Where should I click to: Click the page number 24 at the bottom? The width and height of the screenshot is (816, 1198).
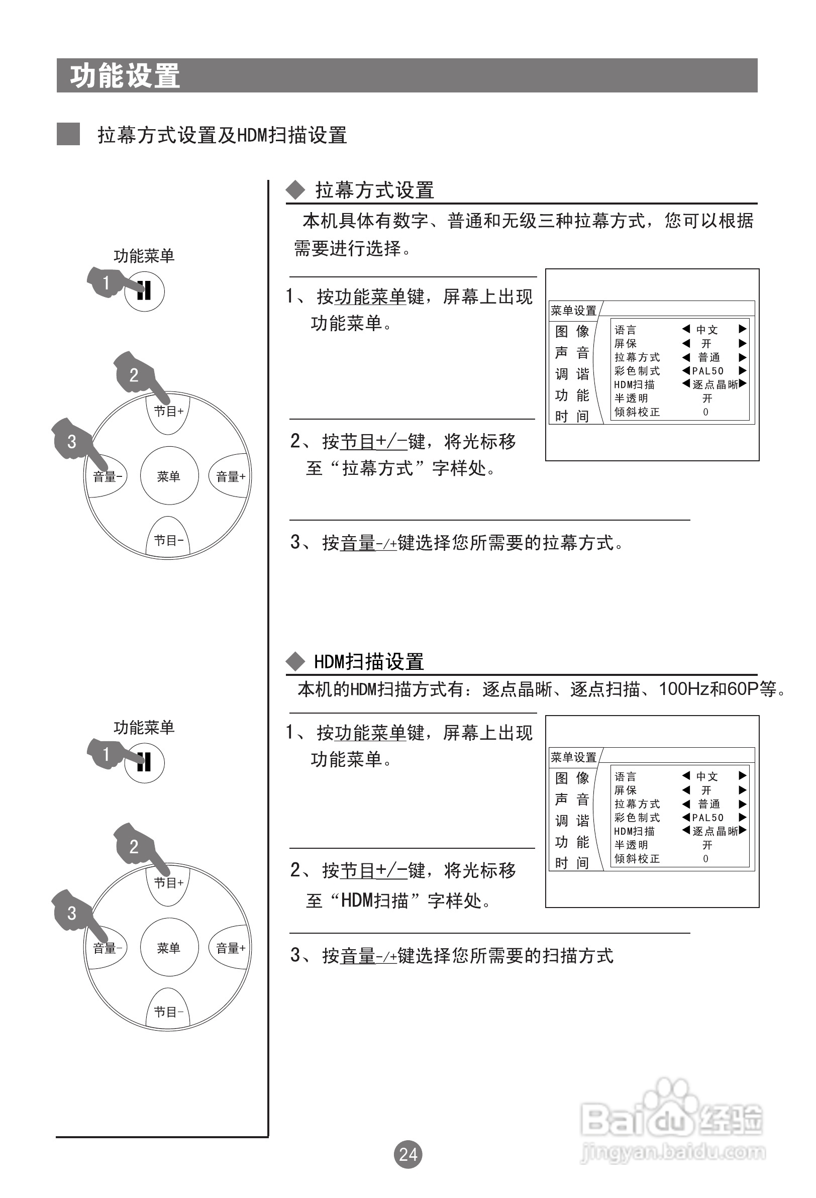407,1154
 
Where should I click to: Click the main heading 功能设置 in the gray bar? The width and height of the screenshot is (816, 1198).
125,76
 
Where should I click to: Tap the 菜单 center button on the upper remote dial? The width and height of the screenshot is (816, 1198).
168,476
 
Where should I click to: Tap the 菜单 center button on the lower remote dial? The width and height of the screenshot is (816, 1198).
168,947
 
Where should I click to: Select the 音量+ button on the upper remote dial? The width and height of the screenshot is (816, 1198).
231,476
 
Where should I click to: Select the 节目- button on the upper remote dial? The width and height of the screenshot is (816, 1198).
168,540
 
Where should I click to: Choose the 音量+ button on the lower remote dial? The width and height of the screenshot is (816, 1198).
231,948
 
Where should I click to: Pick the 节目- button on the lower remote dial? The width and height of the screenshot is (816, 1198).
168,1012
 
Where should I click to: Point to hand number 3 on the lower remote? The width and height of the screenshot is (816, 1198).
72,913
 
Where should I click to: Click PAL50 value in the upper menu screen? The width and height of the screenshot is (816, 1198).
708,371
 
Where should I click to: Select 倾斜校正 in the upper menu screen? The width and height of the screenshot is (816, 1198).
637,412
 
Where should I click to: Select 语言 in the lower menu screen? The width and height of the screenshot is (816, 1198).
625,776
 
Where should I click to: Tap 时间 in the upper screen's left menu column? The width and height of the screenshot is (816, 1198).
572,416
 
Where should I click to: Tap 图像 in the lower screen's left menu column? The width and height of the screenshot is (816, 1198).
572,778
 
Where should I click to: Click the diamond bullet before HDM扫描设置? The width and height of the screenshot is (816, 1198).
295,661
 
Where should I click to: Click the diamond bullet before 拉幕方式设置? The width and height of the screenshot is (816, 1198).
295,190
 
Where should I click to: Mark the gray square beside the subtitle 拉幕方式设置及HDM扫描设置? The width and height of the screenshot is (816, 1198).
68,134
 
